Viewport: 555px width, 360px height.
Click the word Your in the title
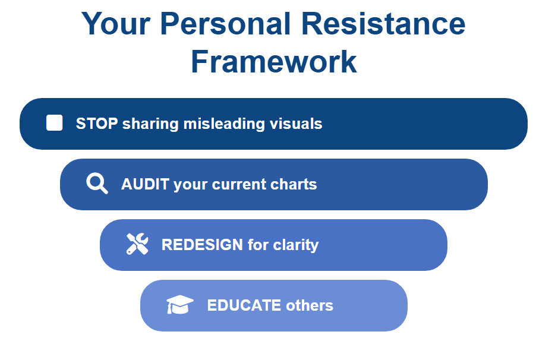pos(116,24)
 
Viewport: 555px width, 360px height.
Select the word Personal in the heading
pos(225,24)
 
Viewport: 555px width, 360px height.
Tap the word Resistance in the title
pos(383,24)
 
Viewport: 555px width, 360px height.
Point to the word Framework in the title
pos(273,62)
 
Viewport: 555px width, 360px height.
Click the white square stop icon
pos(55,123)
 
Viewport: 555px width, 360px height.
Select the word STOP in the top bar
pos(97,124)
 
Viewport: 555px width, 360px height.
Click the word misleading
pos(224,124)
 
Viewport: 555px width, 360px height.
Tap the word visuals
pos(296,124)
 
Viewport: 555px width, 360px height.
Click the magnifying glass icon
pos(97,184)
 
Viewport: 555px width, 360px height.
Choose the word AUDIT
pos(145,184)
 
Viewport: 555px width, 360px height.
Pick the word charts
pos(294,184)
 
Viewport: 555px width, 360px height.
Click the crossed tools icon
pos(137,244)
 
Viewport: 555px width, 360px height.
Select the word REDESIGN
pos(202,245)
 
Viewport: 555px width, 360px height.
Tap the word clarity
pos(296,245)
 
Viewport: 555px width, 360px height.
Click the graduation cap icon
pos(180,304)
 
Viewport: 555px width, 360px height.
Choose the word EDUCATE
pos(244,305)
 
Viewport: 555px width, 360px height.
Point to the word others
pos(310,305)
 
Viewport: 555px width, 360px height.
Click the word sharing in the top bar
pos(150,124)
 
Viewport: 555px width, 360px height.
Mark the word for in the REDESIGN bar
pos(258,245)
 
